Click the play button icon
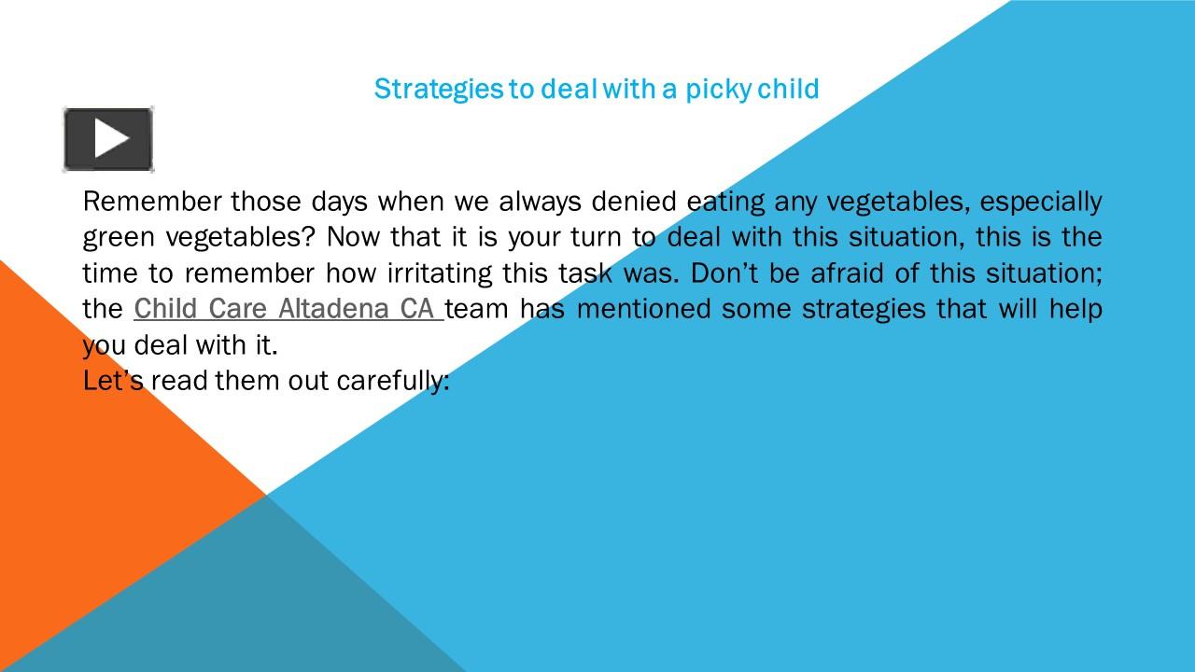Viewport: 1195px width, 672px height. click(108, 139)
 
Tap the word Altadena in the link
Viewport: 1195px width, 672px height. click(333, 309)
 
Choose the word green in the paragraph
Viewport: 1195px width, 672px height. click(119, 238)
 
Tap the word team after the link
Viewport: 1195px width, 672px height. click(477, 309)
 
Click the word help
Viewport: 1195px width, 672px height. click(1075, 309)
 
